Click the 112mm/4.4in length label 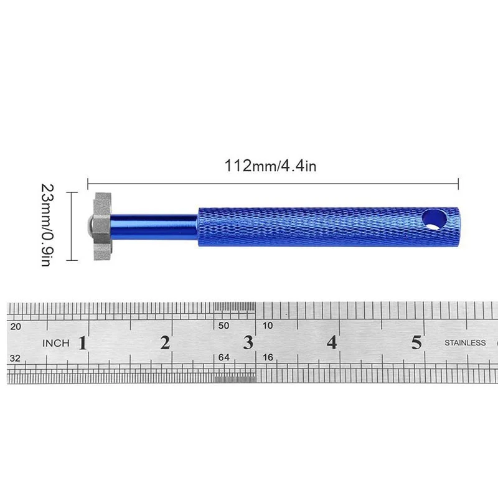pyautogui.click(x=270, y=166)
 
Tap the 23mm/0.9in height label pyautogui.click(x=48, y=225)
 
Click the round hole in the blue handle pyautogui.click(x=434, y=220)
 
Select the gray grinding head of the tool pyautogui.click(x=101, y=227)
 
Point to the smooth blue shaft pyautogui.click(x=154, y=227)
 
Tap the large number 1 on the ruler pyautogui.click(x=83, y=343)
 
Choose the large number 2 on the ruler pyautogui.click(x=165, y=343)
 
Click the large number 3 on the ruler pyautogui.click(x=248, y=343)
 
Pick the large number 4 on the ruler pyautogui.click(x=332, y=343)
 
